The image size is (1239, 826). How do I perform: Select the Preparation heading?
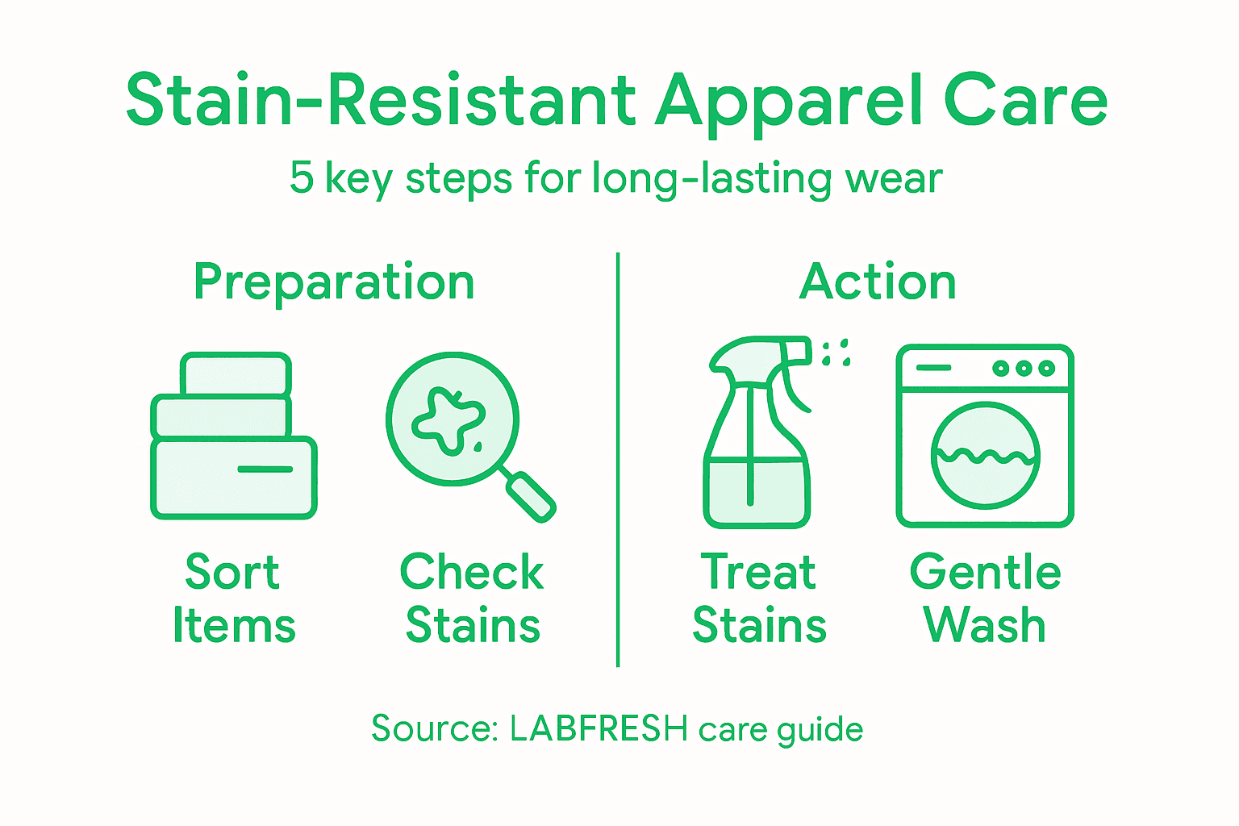(x=334, y=282)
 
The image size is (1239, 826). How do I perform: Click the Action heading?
(x=878, y=282)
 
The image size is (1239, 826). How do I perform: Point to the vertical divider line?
(x=618, y=460)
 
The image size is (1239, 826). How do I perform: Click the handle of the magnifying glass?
(x=530, y=497)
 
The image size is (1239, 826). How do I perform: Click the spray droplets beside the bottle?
(x=836, y=353)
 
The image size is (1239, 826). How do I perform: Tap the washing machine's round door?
(x=985, y=456)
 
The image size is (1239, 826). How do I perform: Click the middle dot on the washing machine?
(x=1024, y=369)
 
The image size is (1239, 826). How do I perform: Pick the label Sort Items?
(x=234, y=599)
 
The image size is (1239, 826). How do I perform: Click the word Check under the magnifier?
(x=472, y=573)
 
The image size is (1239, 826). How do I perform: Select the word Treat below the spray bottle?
(x=758, y=573)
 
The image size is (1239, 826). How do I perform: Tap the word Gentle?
(x=985, y=573)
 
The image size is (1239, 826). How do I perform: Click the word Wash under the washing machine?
(x=985, y=625)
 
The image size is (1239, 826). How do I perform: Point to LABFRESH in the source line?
(x=599, y=729)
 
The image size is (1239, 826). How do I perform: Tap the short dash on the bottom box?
(x=265, y=469)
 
